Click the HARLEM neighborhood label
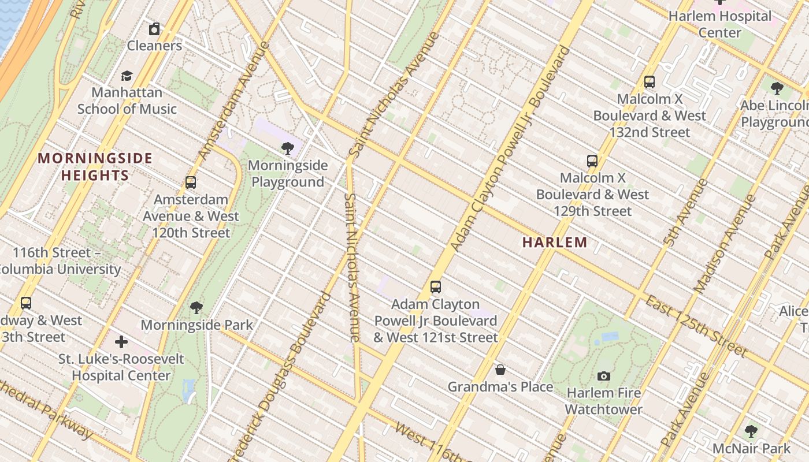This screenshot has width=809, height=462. pos(555,243)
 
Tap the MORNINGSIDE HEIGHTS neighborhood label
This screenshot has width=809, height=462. pos(95,167)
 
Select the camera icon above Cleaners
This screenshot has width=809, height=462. pos(154,29)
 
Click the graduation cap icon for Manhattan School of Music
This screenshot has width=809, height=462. pos(127,76)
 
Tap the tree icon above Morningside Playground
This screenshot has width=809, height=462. pos(287,148)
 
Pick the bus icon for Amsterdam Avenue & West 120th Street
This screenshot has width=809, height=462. pos(191,182)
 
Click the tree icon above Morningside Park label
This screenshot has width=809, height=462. pos(196,307)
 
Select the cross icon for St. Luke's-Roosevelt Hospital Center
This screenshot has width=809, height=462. pos(121,342)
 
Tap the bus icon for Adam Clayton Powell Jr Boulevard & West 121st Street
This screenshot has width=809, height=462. pos(436,286)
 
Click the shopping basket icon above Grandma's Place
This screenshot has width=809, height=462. pos(500,370)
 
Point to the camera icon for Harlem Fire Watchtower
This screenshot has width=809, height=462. pos(604,376)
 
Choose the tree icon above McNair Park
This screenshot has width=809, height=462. pos(751,431)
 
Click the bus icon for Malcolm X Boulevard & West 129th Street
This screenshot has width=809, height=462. pos(592,161)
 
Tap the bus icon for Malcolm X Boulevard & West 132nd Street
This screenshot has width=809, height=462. pos(650,82)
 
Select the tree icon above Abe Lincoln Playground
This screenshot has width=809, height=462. pos(777,88)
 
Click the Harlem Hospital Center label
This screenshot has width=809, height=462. pos(720,24)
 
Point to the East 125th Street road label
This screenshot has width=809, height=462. pos(696,327)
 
